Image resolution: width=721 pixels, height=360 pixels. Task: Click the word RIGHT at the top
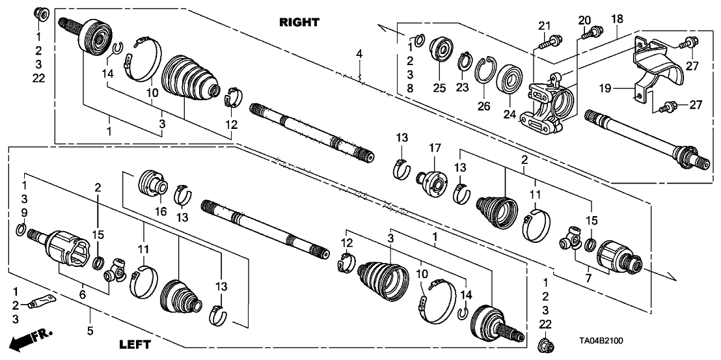[x=299, y=22]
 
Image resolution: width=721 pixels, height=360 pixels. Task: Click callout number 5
[x=90, y=331]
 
